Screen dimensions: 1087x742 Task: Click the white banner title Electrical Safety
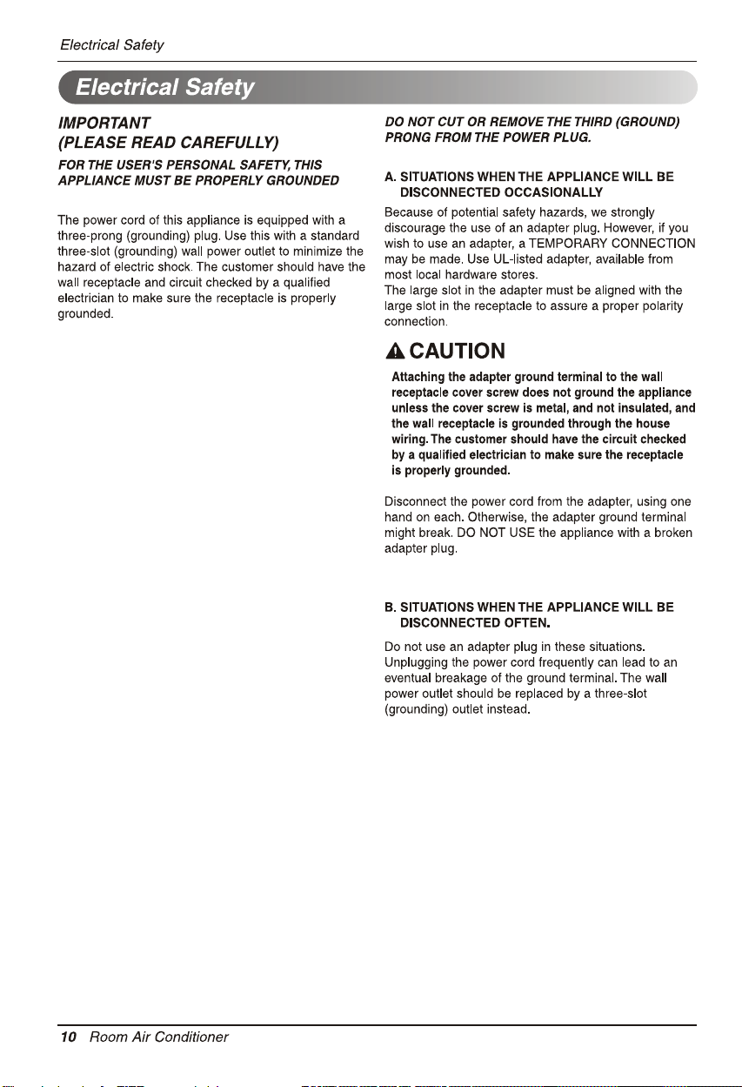pyautogui.click(x=164, y=88)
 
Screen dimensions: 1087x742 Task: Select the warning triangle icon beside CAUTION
pyautogui.click(x=395, y=352)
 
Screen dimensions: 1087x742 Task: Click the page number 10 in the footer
pyautogui.click(x=69, y=1037)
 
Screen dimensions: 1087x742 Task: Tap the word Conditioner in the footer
pyautogui.click(x=191, y=1037)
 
